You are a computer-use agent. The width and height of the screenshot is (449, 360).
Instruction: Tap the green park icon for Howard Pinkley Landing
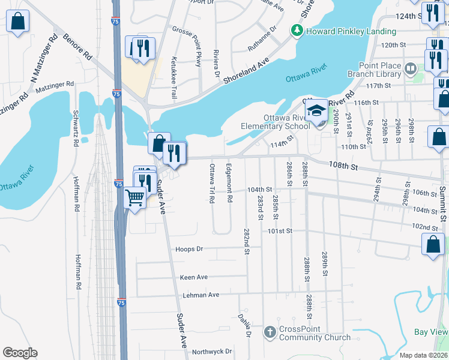(296, 29)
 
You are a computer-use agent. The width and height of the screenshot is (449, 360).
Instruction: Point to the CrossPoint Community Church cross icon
(270, 332)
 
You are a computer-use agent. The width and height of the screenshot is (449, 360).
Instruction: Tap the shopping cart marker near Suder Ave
(135, 196)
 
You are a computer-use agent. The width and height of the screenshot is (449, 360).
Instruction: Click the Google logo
(20, 353)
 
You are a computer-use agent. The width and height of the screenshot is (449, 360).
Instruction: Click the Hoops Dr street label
(190, 248)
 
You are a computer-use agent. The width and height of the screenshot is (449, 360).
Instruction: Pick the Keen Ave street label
(194, 277)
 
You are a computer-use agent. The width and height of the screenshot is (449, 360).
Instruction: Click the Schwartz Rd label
(76, 129)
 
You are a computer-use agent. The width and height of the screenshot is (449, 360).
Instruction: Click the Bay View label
(431, 332)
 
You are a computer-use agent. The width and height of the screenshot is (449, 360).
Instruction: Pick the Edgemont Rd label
(229, 182)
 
